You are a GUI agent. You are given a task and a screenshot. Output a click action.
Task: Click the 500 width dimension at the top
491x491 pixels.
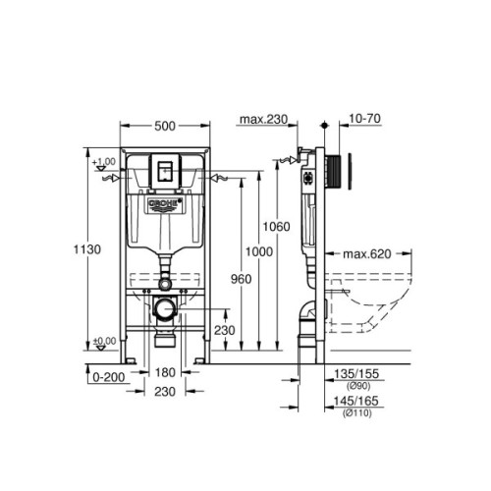164,127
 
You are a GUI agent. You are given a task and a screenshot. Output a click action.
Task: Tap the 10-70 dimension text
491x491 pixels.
362,120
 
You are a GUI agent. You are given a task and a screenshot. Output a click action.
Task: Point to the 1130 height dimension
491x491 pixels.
86,250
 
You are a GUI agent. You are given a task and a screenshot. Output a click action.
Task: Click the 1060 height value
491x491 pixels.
276,227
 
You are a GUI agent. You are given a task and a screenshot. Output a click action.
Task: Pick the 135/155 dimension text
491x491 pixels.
357,374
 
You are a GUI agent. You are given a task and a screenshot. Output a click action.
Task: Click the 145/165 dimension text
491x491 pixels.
357,403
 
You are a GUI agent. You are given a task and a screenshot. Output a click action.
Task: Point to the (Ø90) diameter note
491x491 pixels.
357,385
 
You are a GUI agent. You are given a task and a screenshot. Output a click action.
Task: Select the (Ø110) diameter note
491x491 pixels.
357,413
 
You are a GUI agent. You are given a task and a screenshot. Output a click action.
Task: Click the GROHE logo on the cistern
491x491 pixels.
164,204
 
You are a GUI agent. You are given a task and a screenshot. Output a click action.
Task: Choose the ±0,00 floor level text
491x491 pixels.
103,341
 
